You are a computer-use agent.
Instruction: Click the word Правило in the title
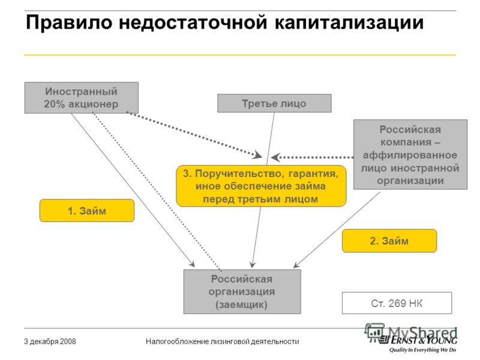click(x=69, y=22)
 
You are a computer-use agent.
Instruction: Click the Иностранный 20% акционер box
click(x=82, y=98)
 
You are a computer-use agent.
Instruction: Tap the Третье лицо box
click(x=274, y=103)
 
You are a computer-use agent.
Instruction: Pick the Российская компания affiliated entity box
click(x=410, y=155)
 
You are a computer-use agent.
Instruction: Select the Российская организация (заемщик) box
click(x=242, y=292)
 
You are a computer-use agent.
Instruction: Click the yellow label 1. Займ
click(x=87, y=211)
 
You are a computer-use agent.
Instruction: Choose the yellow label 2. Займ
click(x=389, y=241)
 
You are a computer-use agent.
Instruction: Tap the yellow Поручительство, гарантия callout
click(x=261, y=186)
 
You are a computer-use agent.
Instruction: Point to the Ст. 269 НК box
click(x=397, y=303)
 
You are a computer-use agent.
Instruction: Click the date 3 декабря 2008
click(x=50, y=341)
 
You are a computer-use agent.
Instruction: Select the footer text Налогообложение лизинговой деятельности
click(x=222, y=341)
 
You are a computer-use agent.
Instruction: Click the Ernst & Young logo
click(x=418, y=340)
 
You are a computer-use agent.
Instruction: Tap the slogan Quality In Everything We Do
click(x=422, y=350)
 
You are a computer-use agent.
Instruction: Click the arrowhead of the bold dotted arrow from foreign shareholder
click(x=257, y=155)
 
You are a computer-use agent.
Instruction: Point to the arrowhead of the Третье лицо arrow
click(x=252, y=265)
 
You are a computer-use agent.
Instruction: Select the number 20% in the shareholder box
click(x=54, y=104)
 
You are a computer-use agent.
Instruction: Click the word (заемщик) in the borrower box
click(x=242, y=305)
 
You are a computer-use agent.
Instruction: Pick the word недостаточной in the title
click(x=193, y=23)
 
